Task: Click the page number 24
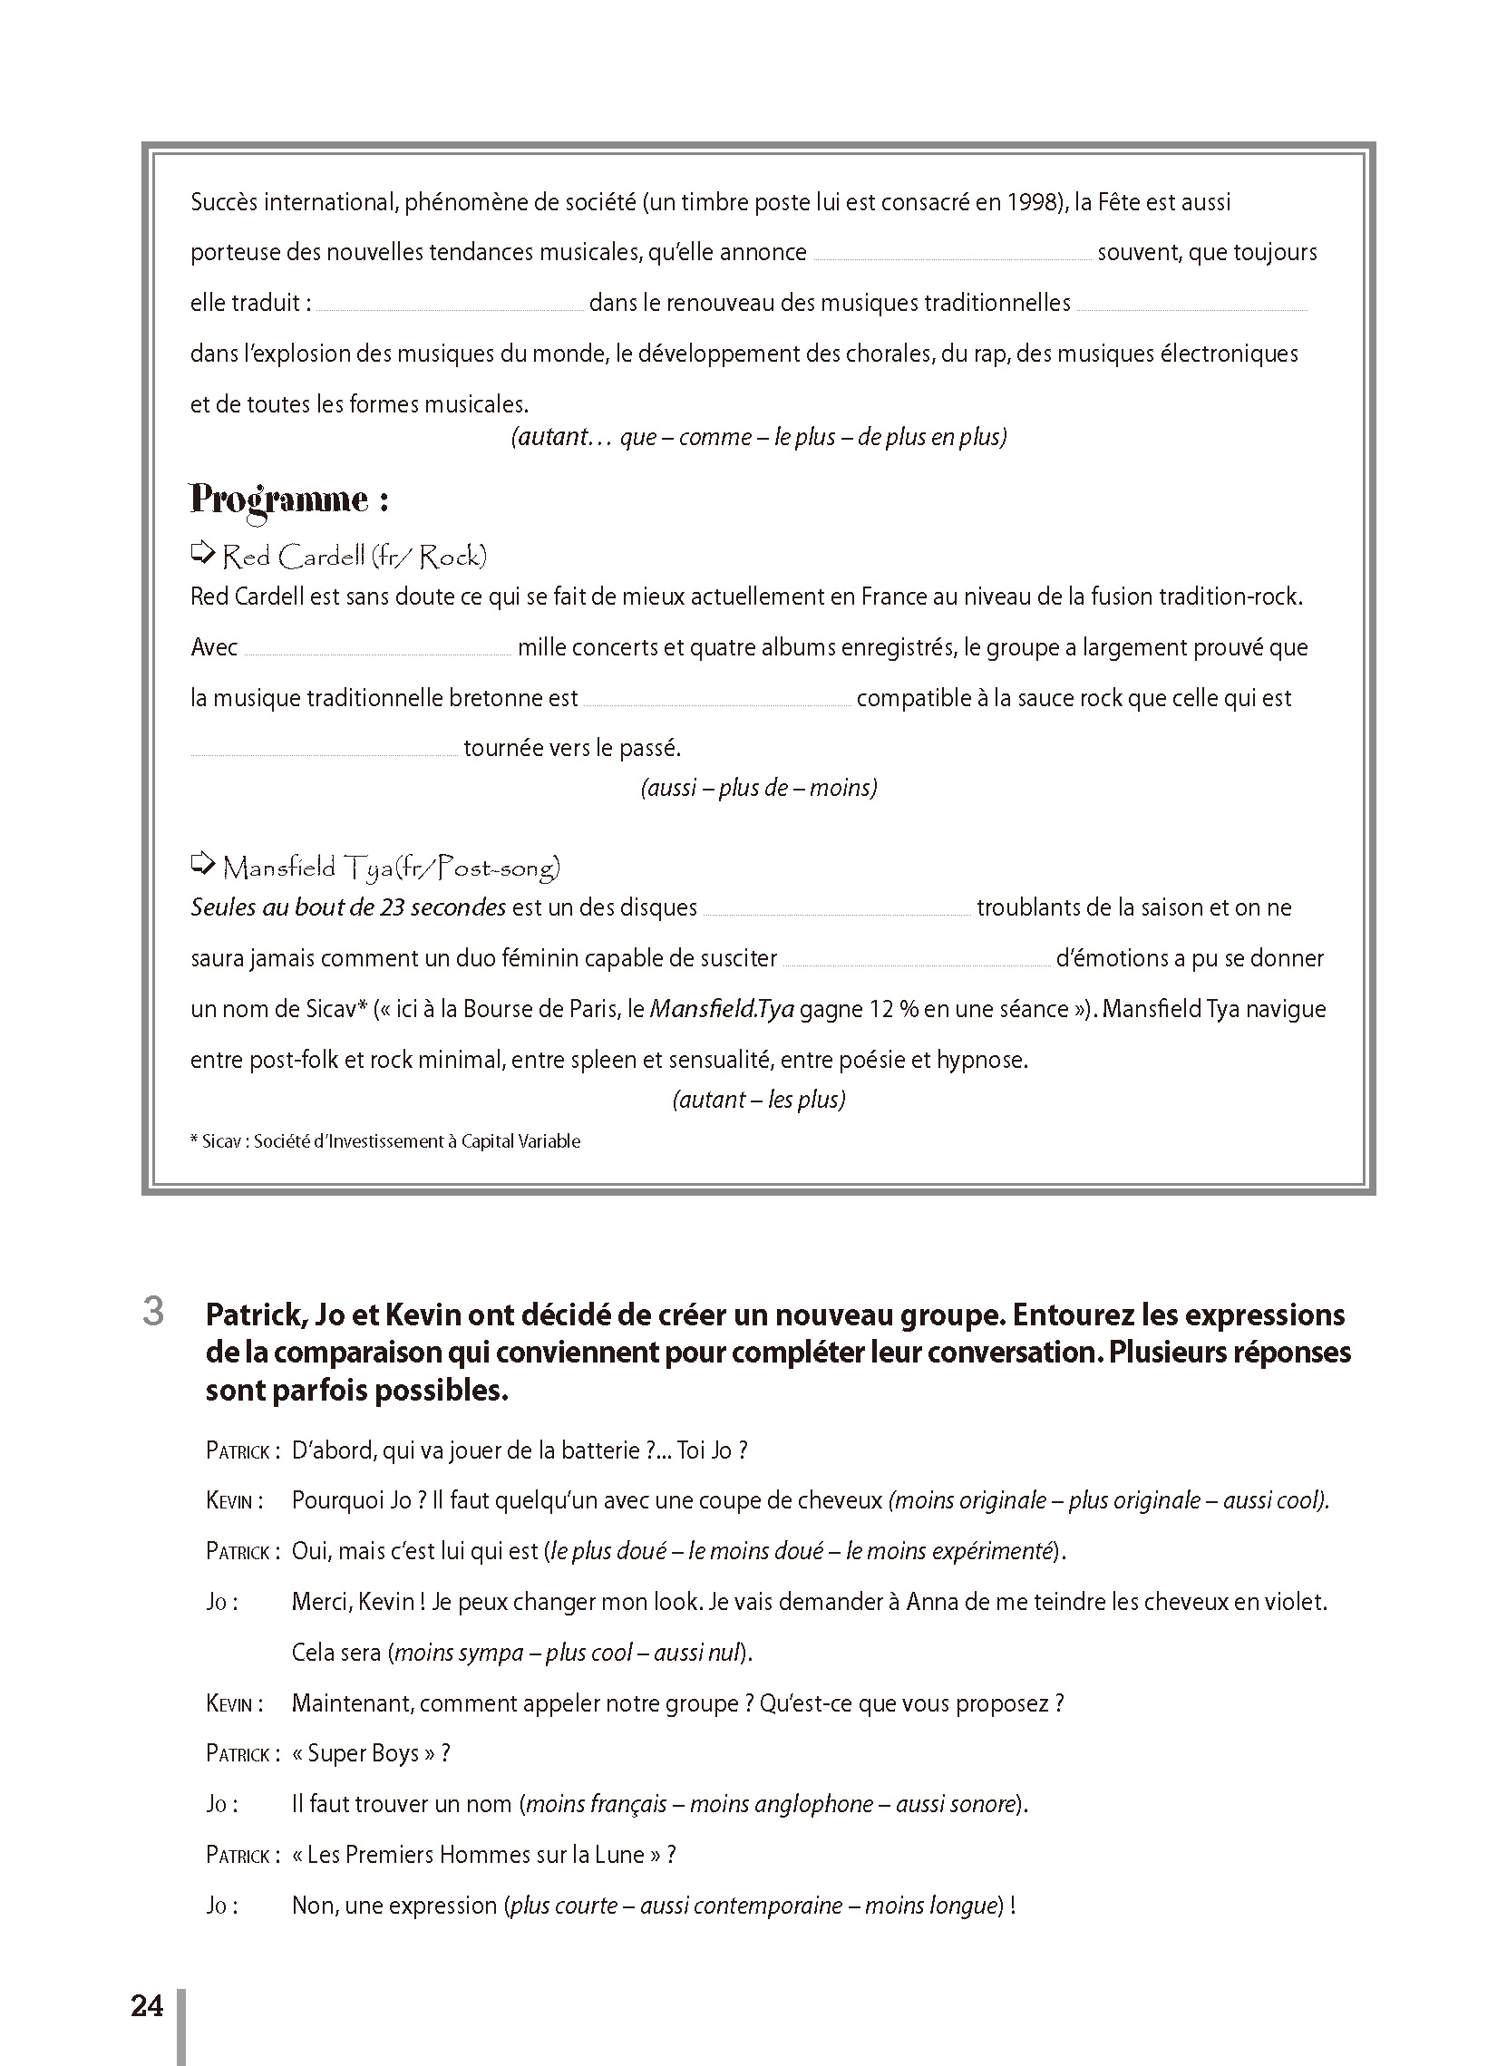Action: click(x=147, y=2007)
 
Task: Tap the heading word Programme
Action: click(x=277, y=500)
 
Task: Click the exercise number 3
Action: click(x=153, y=1312)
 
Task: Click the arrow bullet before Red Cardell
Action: click(x=201, y=553)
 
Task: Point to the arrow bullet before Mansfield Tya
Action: click(x=201, y=864)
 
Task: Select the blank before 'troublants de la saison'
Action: click(x=836, y=910)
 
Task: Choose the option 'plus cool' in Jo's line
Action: click(x=588, y=1653)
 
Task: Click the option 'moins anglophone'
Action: click(x=781, y=1805)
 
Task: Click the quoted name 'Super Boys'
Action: click(x=363, y=1753)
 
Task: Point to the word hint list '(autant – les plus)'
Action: click(x=759, y=1100)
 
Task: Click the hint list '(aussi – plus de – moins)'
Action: click(x=758, y=788)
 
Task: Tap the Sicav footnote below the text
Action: click(x=384, y=1141)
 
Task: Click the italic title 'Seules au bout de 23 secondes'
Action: click(x=348, y=907)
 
